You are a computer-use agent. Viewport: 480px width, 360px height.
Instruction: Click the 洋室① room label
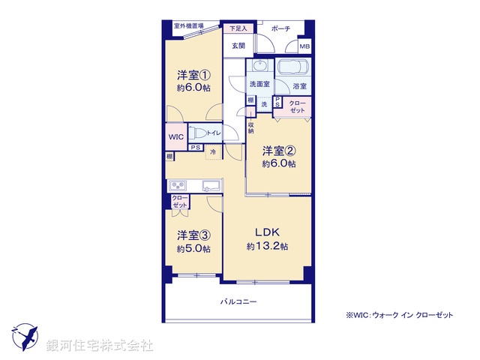(x=193, y=75)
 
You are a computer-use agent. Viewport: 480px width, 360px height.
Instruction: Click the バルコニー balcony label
(x=238, y=301)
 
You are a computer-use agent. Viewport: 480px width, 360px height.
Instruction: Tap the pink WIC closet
(x=175, y=137)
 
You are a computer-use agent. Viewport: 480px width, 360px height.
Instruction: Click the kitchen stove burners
(x=178, y=185)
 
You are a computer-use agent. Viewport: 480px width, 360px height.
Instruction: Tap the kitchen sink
(x=209, y=185)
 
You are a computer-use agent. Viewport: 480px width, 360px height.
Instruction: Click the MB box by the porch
(x=304, y=47)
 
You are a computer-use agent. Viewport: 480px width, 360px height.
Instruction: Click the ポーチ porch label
(x=280, y=28)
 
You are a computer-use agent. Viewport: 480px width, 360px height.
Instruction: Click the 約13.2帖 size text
(x=268, y=247)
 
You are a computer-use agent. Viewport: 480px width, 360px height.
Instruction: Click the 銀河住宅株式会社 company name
(x=100, y=346)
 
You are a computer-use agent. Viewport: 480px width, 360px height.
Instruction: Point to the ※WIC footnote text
(x=399, y=315)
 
